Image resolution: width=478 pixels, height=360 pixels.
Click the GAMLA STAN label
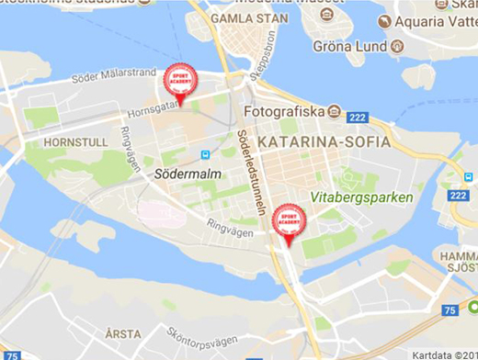[243, 17]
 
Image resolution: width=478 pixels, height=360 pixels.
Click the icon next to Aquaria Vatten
[385, 20]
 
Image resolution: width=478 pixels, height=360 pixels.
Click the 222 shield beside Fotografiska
[358, 117]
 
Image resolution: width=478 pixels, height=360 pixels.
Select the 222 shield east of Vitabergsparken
[459, 195]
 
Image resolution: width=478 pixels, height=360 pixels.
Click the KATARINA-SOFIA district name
[323, 142]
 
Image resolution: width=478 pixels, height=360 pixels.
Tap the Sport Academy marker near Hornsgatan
[179, 81]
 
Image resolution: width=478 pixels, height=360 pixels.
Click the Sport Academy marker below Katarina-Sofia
[289, 223]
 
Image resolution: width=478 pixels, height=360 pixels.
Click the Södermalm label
[184, 172]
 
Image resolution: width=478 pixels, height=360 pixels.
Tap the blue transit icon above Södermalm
[204, 154]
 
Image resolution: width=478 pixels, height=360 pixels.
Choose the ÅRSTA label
[122, 333]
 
